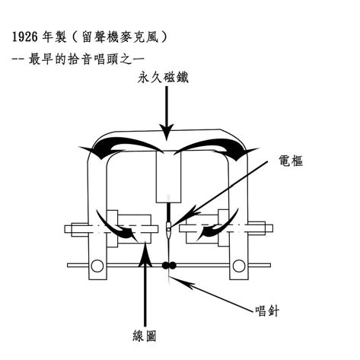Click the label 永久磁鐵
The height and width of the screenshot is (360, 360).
tap(163, 78)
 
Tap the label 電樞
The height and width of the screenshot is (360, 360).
tap(291, 161)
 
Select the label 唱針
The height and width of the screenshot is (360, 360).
tap(267, 311)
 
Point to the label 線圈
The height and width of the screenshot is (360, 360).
tap(145, 336)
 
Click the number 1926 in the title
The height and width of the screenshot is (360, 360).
tap(25, 37)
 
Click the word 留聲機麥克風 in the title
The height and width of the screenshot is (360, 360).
tap(119, 37)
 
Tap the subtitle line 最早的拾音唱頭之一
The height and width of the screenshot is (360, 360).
tap(87, 59)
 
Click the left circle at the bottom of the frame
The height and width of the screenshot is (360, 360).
tap(97, 266)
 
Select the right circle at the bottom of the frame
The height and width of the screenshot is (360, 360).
tap(239, 266)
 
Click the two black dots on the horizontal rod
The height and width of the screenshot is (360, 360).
tap(169, 266)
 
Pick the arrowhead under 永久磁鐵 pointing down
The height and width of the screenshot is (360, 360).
tap(167, 132)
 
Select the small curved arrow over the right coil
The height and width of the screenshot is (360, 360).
tap(218, 227)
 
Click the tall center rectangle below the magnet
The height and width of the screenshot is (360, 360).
tap(168, 177)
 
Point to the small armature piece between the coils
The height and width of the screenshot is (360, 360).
tap(168, 227)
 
